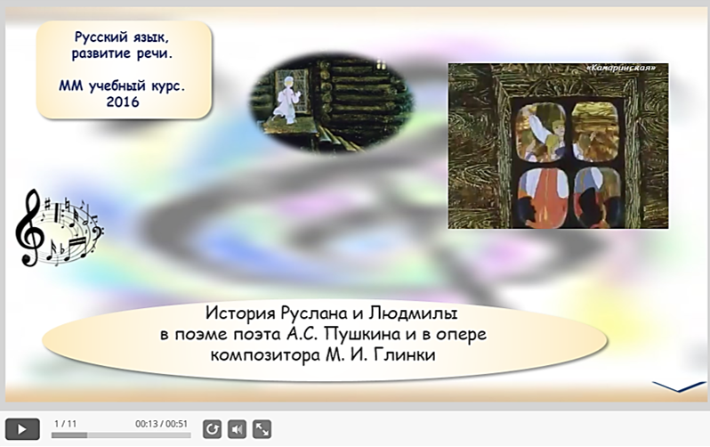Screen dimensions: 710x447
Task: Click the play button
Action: pyautogui.click(x=22, y=429)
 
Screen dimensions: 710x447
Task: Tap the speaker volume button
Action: pyautogui.click(x=237, y=429)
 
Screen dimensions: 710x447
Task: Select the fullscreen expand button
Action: pyautogui.click(x=262, y=429)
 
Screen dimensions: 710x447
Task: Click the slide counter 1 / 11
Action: pyautogui.click(x=65, y=424)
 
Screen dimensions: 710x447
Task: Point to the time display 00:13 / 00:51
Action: pyautogui.click(x=161, y=424)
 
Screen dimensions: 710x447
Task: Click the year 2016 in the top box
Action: pyautogui.click(x=123, y=102)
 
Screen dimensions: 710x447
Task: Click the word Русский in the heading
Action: pyautogui.click(x=98, y=37)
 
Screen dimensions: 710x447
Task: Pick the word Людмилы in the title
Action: pyautogui.click(x=414, y=313)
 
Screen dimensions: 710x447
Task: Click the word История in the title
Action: pyautogui.click(x=240, y=313)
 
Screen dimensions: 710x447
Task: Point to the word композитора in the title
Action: pyautogui.click(x=265, y=355)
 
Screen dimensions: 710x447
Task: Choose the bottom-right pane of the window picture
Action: pyautogui.click(x=597, y=198)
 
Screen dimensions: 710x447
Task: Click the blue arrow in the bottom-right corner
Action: pyautogui.click(x=679, y=386)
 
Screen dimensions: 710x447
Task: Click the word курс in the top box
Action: pyautogui.click(x=168, y=85)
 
